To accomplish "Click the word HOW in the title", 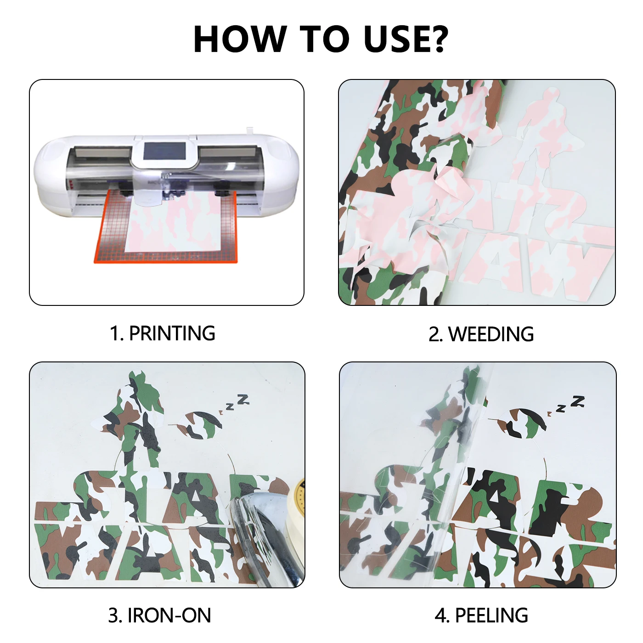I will point(239,39).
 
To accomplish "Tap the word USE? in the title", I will point(405,39).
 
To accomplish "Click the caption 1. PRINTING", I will point(162,333).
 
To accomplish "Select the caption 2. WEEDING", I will point(481,334).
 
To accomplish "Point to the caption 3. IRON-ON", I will point(159,615).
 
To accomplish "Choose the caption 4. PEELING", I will point(481,615).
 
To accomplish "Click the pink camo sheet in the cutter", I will point(175,225).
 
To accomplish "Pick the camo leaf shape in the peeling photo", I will point(524,423).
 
